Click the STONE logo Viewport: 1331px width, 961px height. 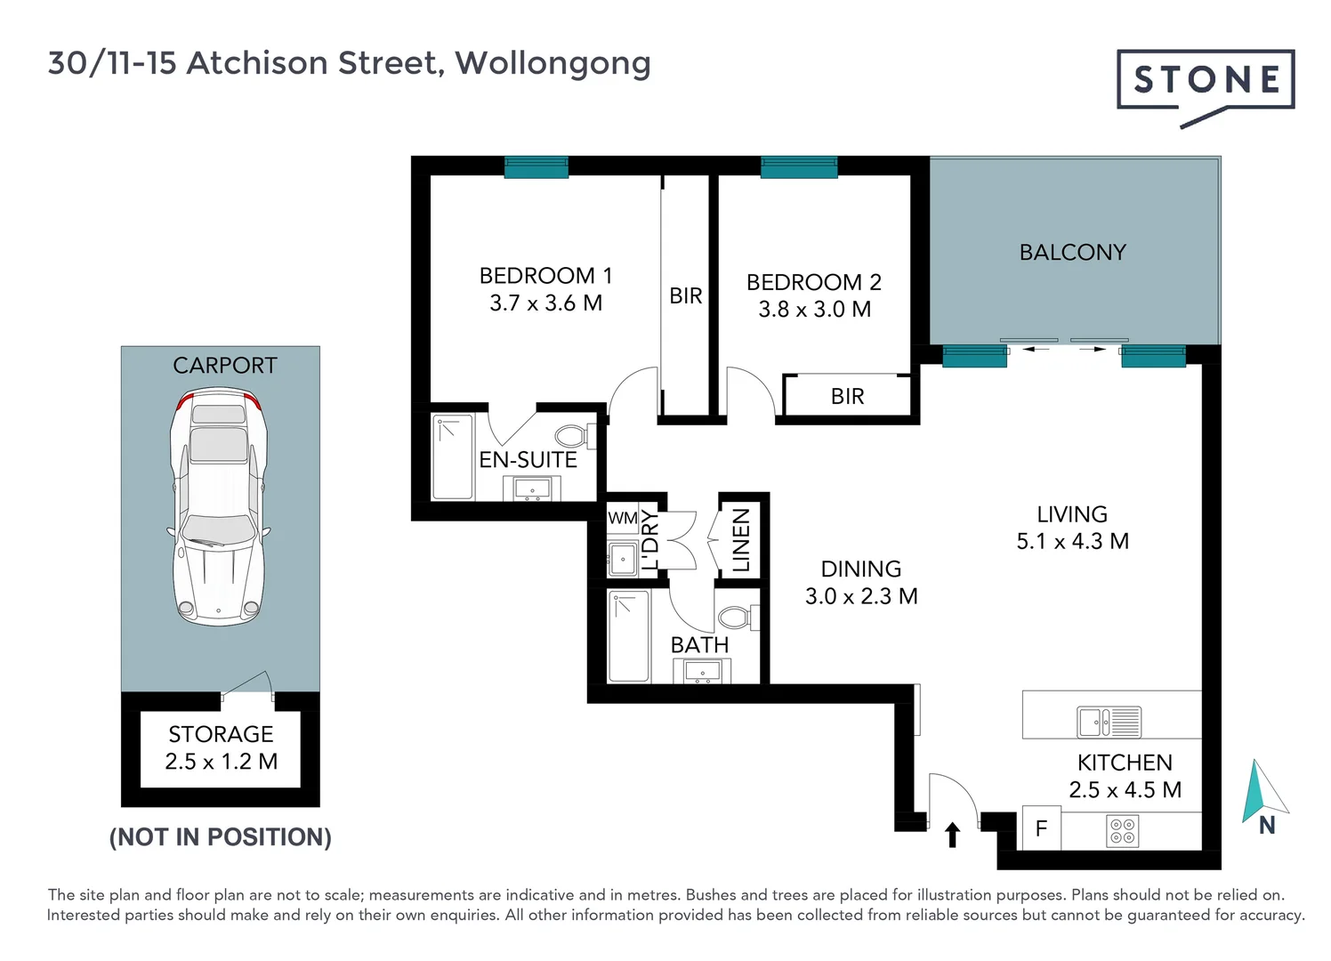[x=1206, y=80]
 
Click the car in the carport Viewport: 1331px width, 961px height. [x=219, y=507]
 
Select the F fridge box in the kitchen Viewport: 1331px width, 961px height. [x=1041, y=829]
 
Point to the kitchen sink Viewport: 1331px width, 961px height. [x=1109, y=722]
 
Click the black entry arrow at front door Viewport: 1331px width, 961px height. [x=952, y=835]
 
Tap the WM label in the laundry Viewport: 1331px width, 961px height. [x=622, y=518]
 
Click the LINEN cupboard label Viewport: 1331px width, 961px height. [x=741, y=540]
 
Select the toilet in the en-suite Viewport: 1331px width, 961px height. [x=573, y=436]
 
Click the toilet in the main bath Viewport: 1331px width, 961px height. [x=737, y=617]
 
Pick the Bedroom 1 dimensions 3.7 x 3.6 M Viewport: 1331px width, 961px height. [x=545, y=303]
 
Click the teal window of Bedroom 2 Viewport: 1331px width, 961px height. [x=799, y=167]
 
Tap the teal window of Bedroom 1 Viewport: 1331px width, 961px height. [x=536, y=167]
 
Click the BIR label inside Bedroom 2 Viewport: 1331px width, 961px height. [x=847, y=397]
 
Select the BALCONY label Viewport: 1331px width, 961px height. [x=1072, y=253]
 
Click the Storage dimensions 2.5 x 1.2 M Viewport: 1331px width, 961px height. [x=221, y=762]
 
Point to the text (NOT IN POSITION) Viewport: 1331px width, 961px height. [x=220, y=837]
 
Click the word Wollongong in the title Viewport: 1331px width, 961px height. [x=553, y=63]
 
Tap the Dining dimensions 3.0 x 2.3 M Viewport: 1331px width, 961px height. [x=860, y=596]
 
